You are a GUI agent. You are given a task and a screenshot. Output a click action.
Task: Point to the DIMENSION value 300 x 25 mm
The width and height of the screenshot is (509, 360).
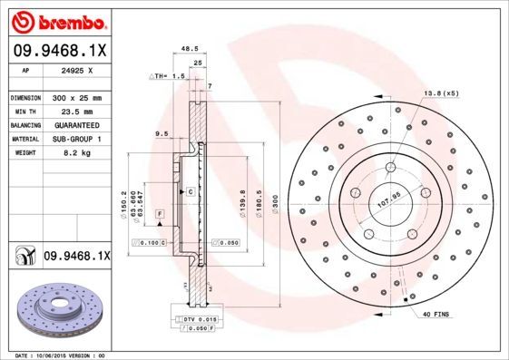click(x=76, y=97)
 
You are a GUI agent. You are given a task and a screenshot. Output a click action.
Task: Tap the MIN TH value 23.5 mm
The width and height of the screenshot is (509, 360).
click(x=76, y=110)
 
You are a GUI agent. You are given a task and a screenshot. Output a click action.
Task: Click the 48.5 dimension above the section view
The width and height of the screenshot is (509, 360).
click(x=190, y=51)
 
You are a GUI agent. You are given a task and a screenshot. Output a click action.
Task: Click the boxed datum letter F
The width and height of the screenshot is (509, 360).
click(x=160, y=212)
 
